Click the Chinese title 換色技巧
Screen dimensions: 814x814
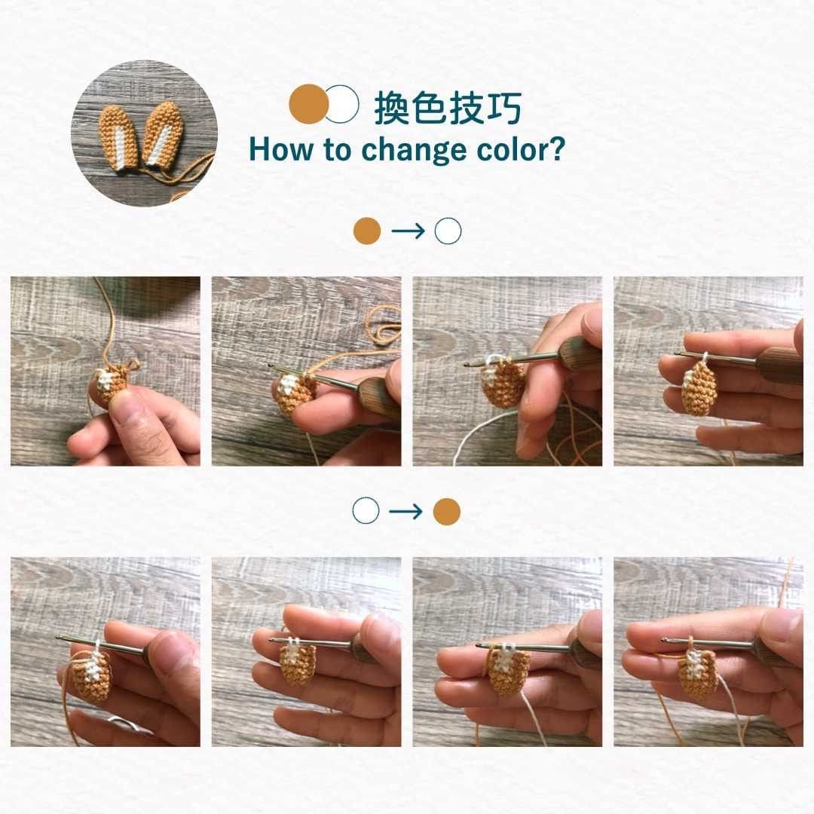448,108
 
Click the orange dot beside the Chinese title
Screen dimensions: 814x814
309,104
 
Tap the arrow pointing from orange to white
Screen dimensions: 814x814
408,231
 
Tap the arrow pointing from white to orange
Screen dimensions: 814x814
406,512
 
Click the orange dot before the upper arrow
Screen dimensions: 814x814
367,231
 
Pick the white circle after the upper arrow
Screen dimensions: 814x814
448,231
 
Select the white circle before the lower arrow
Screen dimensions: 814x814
366,511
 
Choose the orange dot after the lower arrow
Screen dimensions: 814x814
446,512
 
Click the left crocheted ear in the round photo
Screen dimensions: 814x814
119,138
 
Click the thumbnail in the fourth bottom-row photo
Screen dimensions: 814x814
782,633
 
